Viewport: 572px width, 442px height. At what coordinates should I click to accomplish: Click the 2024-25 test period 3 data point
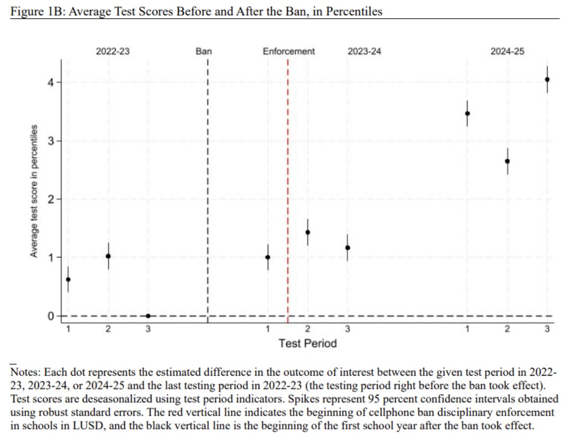(547, 79)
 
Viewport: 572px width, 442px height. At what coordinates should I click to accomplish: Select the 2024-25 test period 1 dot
(467, 113)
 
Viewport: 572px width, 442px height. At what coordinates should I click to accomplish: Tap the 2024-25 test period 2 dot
(507, 161)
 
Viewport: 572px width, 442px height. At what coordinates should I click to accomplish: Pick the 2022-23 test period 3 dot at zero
(148, 316)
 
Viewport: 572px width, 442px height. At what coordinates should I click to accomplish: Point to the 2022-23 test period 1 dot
(68, 279)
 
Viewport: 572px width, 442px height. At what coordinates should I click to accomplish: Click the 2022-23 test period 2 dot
(108, 256)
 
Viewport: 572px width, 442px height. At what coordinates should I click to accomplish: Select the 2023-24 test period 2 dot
(307, 232)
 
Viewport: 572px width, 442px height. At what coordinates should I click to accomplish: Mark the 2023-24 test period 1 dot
(268, 257)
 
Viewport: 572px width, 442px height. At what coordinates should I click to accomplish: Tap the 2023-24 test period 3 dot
(347, 247)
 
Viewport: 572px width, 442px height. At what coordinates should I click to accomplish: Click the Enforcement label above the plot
(289, 51)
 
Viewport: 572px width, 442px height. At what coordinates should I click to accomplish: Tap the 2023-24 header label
(364, 51)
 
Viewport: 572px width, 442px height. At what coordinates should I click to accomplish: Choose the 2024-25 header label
(507, 51)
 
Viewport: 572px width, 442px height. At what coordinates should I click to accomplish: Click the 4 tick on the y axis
(51, 82)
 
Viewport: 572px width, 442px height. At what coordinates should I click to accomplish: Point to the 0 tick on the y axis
(51, 316)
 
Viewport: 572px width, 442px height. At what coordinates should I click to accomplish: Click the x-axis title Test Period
(307, 343)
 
